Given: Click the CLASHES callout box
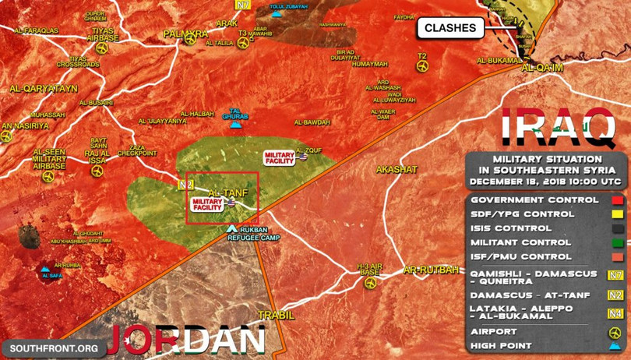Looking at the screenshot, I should point(451,29).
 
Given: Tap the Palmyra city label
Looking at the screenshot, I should point(185,34).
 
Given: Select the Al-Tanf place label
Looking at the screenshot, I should point(226,192).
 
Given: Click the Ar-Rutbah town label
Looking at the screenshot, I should point(426,271).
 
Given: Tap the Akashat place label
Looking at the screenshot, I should point(397,169).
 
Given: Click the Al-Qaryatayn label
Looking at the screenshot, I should point(44,89).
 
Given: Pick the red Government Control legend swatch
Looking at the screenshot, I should point(615,200).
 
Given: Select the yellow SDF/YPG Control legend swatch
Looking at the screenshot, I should point(615,214).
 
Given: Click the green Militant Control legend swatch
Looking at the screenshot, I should point(615,242).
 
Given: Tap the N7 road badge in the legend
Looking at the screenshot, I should point(614,274).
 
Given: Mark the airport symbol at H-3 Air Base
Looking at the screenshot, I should point(371,283).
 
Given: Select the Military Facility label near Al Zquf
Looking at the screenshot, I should point(279,157).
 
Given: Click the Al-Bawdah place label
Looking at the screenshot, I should point(312,122).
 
